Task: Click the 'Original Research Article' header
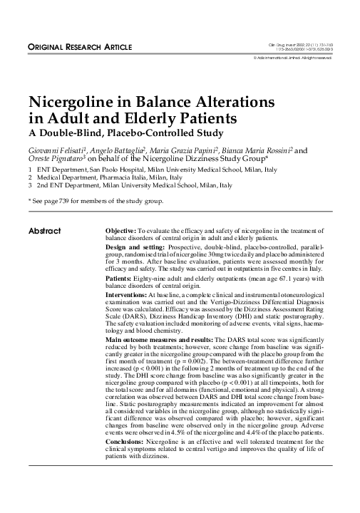coord(79,47)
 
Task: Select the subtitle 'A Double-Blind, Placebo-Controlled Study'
coord(125,133)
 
